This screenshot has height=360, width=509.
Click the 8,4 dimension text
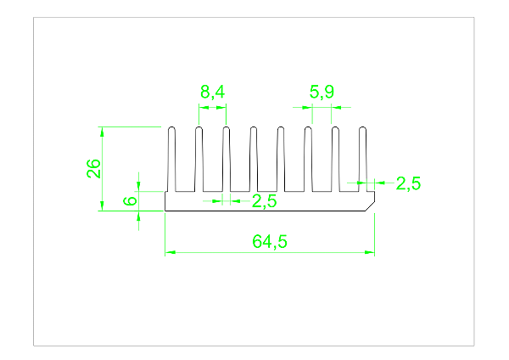pos(212,92)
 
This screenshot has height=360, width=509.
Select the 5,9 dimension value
pos(322,92)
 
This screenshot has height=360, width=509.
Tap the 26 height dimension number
pos(94,168)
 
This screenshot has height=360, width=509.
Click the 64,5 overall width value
pos(270,241)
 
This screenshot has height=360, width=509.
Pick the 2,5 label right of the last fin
pos(408,183)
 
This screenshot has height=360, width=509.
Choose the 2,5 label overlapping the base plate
pos(265,201)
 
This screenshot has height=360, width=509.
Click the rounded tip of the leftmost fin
pos(171,130)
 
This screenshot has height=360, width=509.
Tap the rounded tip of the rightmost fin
pos(362,130)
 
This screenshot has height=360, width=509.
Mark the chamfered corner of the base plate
pos(371,205)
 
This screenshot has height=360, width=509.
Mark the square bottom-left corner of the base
pos(165,210)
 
